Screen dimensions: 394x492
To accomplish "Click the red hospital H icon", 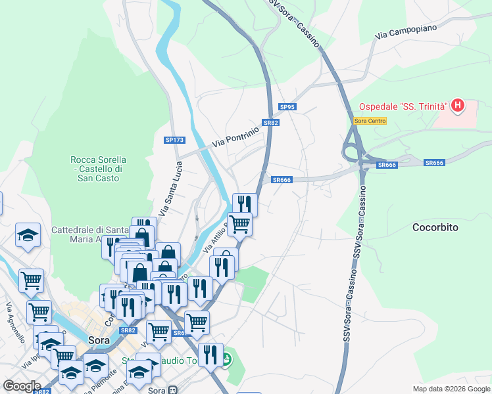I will (457, 106).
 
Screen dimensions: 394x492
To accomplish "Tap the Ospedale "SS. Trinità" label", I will (403, 106).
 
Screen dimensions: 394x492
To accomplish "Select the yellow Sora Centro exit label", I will (370, 121).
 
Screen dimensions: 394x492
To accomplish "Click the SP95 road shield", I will (287, 107).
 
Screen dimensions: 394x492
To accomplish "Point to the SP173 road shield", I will (174, 140).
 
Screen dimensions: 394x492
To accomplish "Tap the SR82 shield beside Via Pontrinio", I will (271, 123).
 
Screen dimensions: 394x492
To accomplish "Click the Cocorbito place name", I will (435, 227).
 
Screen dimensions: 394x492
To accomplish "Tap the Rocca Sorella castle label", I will (98, 169).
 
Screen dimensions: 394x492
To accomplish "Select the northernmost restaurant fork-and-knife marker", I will (245, 203).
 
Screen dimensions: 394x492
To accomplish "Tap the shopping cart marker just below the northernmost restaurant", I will (240, 223).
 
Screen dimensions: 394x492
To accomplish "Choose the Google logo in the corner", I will (21, 386).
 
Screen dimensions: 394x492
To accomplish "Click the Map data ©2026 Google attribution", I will (451, 388).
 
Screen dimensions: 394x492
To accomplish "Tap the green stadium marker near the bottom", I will (227, 359).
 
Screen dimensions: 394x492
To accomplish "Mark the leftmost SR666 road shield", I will (281, 180).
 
